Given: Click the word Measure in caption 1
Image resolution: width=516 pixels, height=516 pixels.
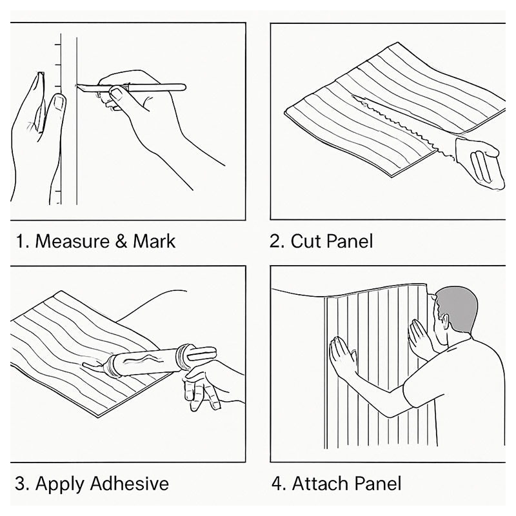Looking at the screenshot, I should tap(72, 241).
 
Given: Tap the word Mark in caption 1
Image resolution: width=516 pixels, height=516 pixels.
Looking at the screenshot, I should tap(154, 241).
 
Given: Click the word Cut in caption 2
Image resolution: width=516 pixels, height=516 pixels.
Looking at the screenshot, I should tap(306, 241).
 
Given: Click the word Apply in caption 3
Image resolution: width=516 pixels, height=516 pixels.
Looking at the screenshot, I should tap(57, 483).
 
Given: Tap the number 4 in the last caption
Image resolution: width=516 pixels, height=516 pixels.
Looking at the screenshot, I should tap(277, 483).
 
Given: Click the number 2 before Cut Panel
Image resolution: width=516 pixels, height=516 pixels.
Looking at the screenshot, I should tap(276, 241).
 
